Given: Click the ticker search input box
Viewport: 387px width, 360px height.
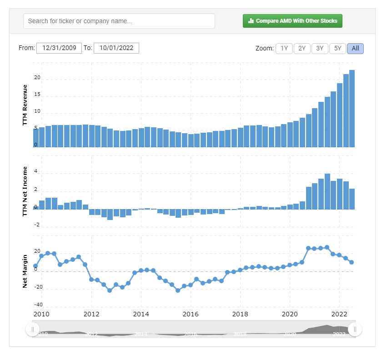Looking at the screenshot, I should click(x=119, y=21).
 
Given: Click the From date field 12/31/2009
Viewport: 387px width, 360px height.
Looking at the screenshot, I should click(x=59, y=48).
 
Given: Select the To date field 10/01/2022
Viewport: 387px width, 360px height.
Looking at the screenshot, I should click(x=116, y=48).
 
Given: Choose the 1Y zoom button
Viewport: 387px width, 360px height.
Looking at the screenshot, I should click(x=284, y=48).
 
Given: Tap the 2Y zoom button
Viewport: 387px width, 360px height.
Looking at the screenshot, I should click(x=302, y=48).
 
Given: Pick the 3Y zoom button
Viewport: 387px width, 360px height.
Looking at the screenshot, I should click(x=320, y=48).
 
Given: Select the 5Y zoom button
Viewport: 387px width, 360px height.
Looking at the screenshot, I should click(x=337, y=48).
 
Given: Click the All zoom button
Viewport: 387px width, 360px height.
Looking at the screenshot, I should click(x=355, y=48).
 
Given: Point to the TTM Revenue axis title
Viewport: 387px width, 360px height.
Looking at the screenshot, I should click(x=25, y=105).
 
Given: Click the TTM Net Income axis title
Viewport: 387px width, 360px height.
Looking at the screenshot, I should click(x=25, y=191).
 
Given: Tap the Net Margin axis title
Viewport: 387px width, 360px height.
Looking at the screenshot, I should click(x=25, y=271).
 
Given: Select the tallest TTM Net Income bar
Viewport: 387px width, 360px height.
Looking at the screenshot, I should click(x=327, y=191).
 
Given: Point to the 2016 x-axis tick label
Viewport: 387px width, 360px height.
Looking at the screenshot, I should click(x=191, y=314).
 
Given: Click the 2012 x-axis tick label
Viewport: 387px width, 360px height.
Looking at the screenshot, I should click(x=91, y=314).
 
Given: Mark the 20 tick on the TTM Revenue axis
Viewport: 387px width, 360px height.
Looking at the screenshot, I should click(x=37, y=78).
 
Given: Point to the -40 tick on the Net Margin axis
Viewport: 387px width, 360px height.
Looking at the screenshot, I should click(x=38, y=305).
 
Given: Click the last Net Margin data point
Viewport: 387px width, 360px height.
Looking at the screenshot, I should click(x=352, y=262).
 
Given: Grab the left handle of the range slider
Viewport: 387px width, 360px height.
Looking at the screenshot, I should click(x=32, y=329).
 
